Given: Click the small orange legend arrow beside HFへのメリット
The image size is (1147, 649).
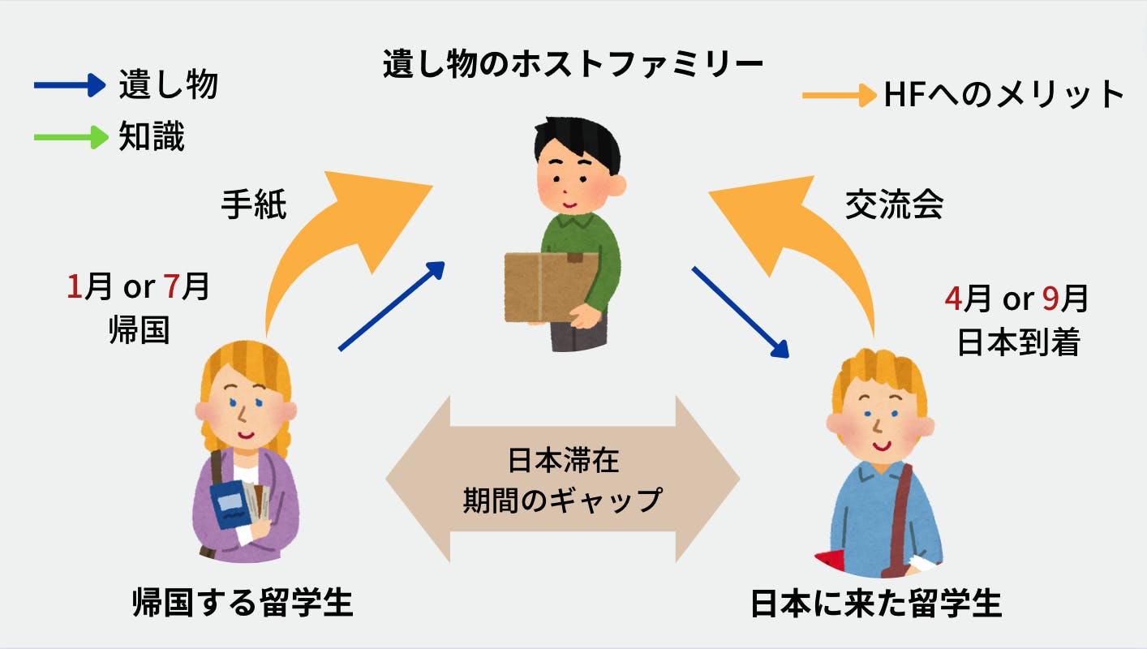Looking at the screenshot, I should tap(840, 96).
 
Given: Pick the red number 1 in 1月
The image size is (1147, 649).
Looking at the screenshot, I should tap(74, 287).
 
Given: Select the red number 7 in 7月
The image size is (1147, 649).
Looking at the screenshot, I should tap(171, 287).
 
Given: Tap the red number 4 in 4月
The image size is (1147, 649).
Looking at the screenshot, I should tap(952, 299).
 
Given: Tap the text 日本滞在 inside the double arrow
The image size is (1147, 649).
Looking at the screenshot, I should tap(563, 462).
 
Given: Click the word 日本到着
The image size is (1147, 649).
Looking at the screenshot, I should tap(1018, 343).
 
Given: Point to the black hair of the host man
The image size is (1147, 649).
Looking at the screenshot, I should tap(577, 143).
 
